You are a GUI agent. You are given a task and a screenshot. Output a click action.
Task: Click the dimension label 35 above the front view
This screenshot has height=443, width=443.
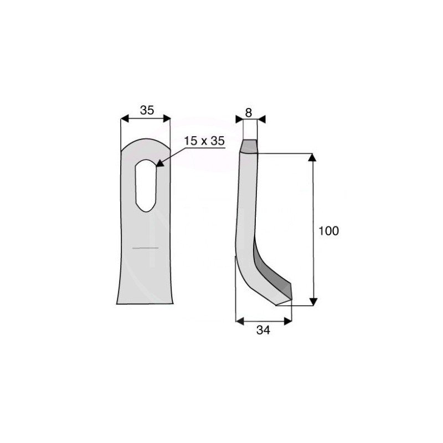pos(147,110)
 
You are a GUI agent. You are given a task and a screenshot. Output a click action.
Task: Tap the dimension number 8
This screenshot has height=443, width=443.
pos(249,112)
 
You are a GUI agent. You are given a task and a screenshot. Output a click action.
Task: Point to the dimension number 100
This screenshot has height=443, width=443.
pos(328,231)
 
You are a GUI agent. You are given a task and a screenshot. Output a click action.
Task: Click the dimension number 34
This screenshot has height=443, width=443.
pos(263,331)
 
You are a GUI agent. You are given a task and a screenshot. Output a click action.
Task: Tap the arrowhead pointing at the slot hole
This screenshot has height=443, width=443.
pos(160,163)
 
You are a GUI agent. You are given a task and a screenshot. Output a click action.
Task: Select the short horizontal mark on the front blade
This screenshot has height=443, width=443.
pos(145,249)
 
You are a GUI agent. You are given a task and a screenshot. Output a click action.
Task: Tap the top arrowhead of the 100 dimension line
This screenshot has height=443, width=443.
pos(313,158)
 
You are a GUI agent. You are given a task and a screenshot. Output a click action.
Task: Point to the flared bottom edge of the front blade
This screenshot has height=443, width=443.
pos(145,302)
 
